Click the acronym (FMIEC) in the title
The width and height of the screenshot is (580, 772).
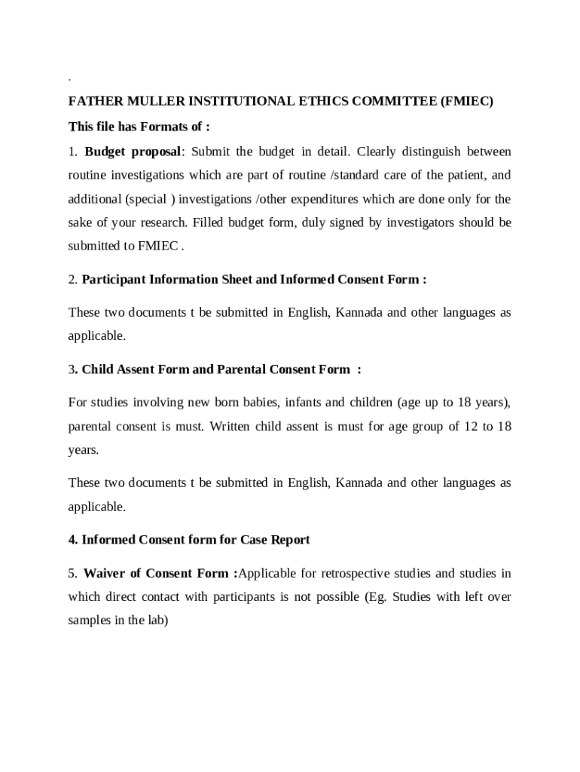[467, 102]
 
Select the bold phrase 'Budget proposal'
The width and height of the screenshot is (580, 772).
[133, 152]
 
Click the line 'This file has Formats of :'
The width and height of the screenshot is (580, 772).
[139, 126]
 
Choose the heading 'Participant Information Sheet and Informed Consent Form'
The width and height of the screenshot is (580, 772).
[254, 280]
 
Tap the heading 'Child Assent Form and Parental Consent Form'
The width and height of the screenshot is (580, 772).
[215, 369]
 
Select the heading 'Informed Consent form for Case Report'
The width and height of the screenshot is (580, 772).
[196, 540]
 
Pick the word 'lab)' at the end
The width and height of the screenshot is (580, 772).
[157, 621]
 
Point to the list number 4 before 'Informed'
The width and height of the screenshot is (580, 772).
[72, 540]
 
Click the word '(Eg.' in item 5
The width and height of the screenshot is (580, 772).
[377, 597]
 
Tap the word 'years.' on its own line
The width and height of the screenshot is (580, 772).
[84, 450]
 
